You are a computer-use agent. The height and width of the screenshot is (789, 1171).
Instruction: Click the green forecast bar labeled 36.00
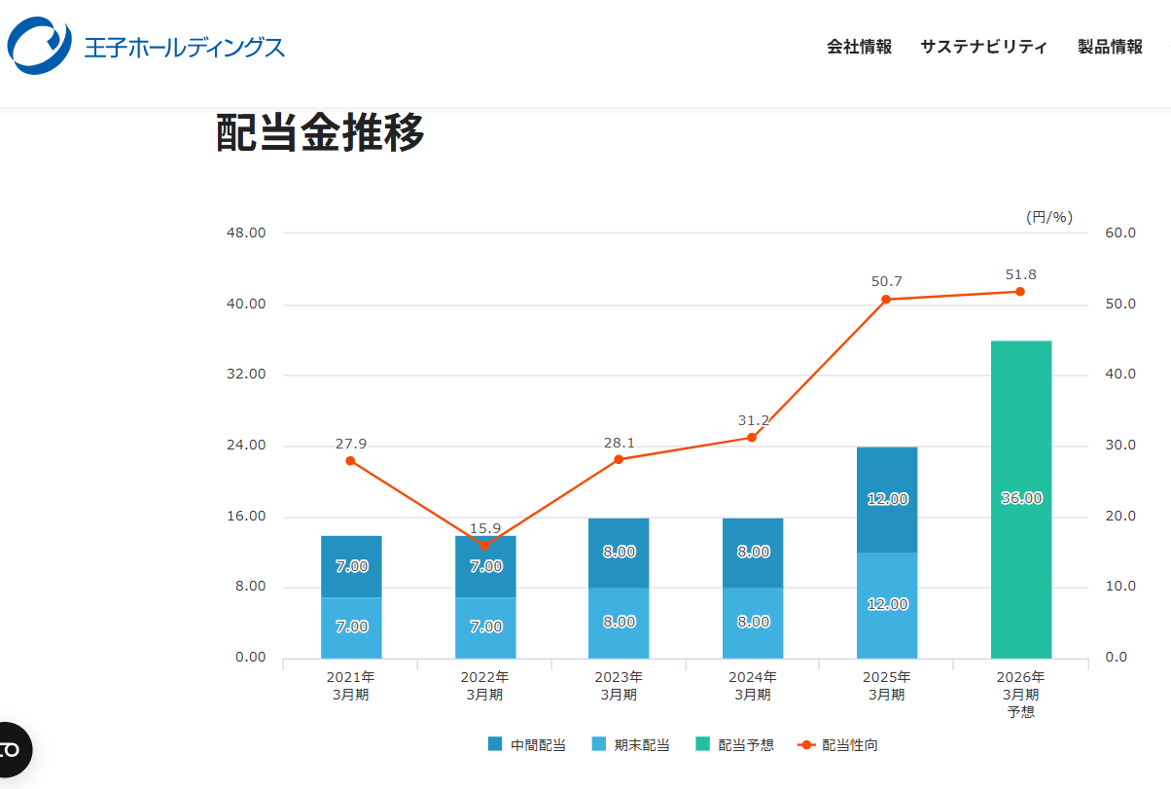pos(1021,499)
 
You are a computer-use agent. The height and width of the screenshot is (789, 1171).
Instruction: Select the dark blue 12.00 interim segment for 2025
pos(887,499)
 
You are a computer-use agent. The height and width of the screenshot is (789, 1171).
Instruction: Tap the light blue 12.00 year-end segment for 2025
pos(887,604)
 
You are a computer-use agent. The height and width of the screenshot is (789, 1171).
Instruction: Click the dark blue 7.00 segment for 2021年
pos(351,566)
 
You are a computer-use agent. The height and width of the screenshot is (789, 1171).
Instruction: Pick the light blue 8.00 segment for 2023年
pos(619,623)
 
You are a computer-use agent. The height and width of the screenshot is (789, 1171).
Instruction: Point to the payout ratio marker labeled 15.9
pos(484,546)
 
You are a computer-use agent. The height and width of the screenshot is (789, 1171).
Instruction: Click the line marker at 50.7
pos(886,300)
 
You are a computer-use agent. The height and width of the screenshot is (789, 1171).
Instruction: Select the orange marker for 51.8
pos(1020,292)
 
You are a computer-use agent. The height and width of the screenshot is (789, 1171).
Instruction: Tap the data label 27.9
pos(351,444)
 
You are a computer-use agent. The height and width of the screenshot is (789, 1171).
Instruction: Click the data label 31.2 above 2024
pos(753,420)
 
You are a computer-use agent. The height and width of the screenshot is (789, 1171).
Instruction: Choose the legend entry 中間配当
pos(526,745)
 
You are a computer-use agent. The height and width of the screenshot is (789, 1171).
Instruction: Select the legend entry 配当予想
pos(735,745)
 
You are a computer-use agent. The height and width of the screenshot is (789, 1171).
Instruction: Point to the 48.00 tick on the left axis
pos(246,233)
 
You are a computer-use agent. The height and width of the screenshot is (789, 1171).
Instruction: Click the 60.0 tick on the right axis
pos(1120,233)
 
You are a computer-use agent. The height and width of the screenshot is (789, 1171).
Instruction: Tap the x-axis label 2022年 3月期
pos(484,685)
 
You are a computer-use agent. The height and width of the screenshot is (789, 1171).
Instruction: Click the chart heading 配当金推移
pos(320,133)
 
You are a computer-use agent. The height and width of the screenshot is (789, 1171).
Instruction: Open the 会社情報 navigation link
pos(859,47)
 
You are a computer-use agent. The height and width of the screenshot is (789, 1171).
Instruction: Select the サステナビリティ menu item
pos(983,47)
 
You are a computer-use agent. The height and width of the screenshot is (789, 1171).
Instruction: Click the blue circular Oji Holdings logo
pos(39,46)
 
